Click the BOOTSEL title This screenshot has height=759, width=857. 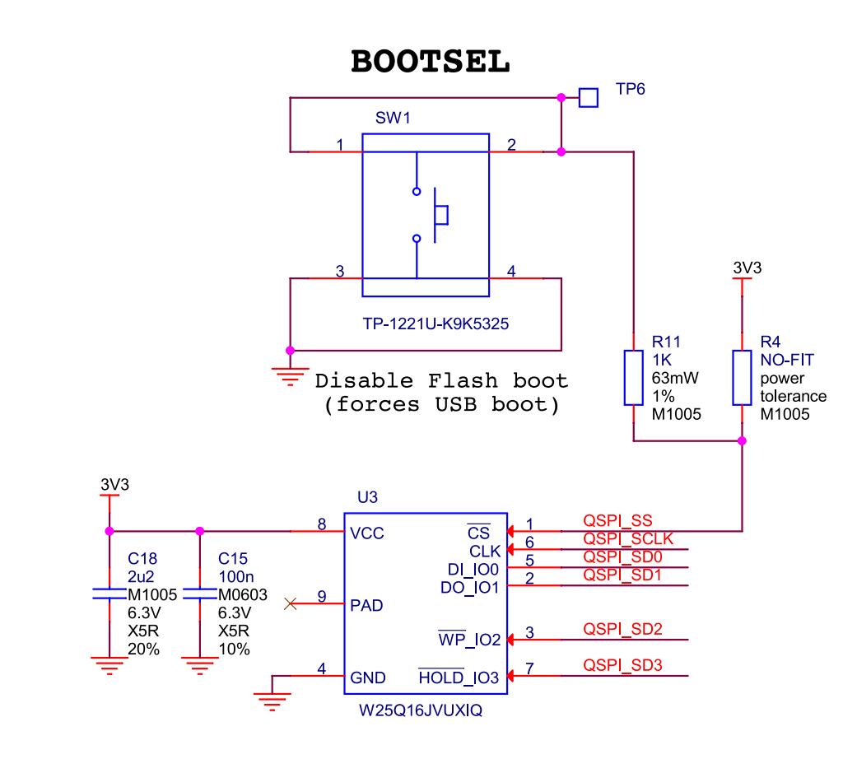[430, 61]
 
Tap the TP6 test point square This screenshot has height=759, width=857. [588, 98]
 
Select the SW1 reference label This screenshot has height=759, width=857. [393, 118]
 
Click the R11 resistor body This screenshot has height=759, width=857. [633, 378]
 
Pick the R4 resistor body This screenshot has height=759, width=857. [742, 378]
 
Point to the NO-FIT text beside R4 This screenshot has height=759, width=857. [787, 360]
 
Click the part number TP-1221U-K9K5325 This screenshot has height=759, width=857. [435, 324]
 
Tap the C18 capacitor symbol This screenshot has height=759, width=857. [109, 594]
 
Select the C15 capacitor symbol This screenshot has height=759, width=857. [200, 594]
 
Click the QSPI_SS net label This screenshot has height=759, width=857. [617, 521]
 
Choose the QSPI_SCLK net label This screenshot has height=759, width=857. [628, 538]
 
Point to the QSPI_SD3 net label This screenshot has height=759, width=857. [622, 665]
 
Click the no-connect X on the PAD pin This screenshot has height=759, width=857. [291, 603]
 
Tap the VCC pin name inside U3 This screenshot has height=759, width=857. [366, 533]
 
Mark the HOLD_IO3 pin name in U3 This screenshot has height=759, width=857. [459, 678]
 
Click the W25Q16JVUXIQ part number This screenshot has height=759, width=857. [421, 710]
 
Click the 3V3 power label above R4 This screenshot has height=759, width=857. [748, 268]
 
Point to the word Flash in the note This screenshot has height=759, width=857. [463, 380]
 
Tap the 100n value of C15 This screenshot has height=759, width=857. [236, 577]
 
